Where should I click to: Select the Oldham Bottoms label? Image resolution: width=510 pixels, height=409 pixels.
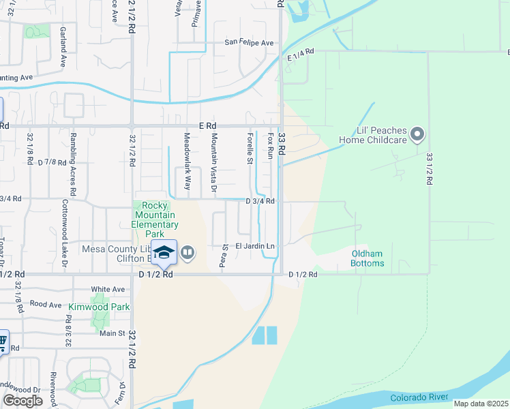pos(367,258)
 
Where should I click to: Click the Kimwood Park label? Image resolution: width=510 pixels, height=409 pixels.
pos(99,307)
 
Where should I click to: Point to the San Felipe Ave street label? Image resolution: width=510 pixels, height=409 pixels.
pos(249,43)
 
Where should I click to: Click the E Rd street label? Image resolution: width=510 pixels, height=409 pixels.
pos(207,126)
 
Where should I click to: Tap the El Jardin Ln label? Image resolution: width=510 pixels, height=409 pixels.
pos(255,246)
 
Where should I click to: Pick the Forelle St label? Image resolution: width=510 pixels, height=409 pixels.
pos(250,149)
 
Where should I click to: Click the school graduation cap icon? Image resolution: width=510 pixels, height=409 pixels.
pos(164,252)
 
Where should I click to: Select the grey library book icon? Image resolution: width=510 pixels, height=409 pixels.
pos(187,254)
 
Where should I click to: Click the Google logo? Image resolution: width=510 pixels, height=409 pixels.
pos(22,400)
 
